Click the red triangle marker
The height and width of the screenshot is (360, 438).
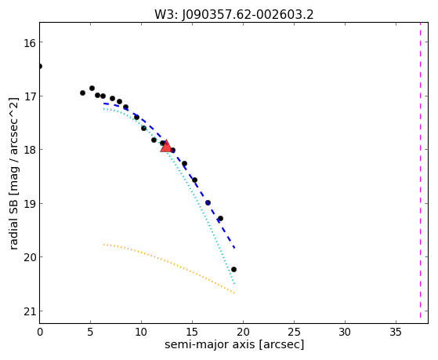(166, 147)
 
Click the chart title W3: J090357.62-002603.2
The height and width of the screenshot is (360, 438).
(234, 15)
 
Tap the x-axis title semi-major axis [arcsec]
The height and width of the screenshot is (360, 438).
(234, 344)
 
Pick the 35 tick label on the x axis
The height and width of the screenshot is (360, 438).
(396, 333)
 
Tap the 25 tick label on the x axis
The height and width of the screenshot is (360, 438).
(294, 333)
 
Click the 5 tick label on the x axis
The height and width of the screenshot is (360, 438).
(90, 333)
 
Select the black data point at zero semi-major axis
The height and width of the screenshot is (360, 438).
(40, 67)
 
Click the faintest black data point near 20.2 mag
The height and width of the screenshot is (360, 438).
(233, 269)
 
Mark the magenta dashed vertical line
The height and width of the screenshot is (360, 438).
(420, 170)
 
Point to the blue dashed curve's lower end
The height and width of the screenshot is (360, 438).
(235, 248)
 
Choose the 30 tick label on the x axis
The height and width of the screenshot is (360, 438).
(345, 333)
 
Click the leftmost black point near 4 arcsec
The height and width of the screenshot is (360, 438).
(82, 93)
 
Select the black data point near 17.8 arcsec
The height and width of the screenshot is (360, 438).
(220, 219)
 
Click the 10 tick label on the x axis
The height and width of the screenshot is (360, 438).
(141, 333)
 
